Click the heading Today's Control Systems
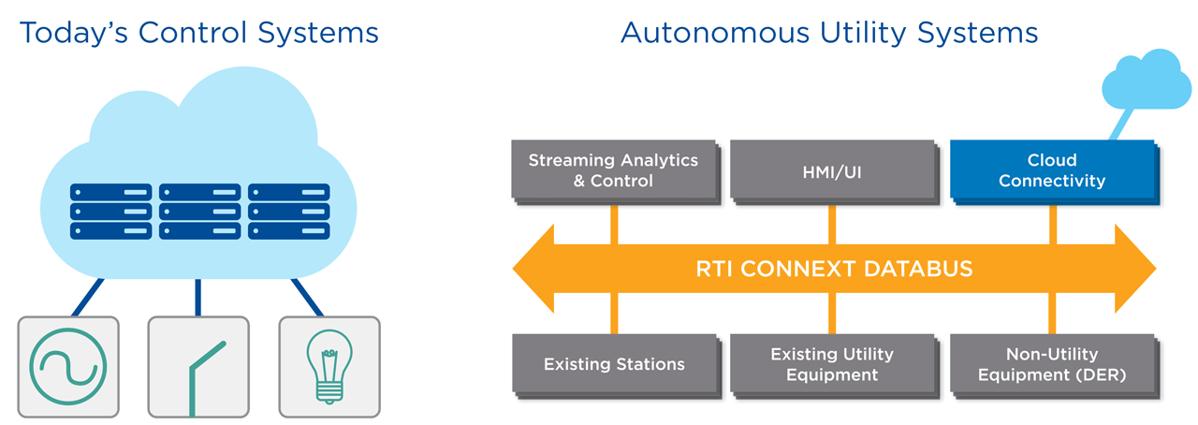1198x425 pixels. click(x=198, y=33)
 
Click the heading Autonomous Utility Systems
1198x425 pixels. click(x=829, y=33)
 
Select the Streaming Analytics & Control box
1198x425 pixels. click(x=613, y=170)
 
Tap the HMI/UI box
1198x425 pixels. click(x=832, y=170)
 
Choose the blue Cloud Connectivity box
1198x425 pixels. click(x=1051, y=170)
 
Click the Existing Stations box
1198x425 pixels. click(x=613, y=363)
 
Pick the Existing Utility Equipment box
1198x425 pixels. click(x=832, y=363)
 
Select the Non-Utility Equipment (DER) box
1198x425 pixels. click(x=1051, y=363)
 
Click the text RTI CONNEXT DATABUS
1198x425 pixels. click(x=834, y=270)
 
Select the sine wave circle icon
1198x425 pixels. click(x=68, y=367)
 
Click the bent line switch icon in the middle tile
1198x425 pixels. click(x=198, y=374)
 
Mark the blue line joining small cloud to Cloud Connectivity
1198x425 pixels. click(x=1122, y=125)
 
